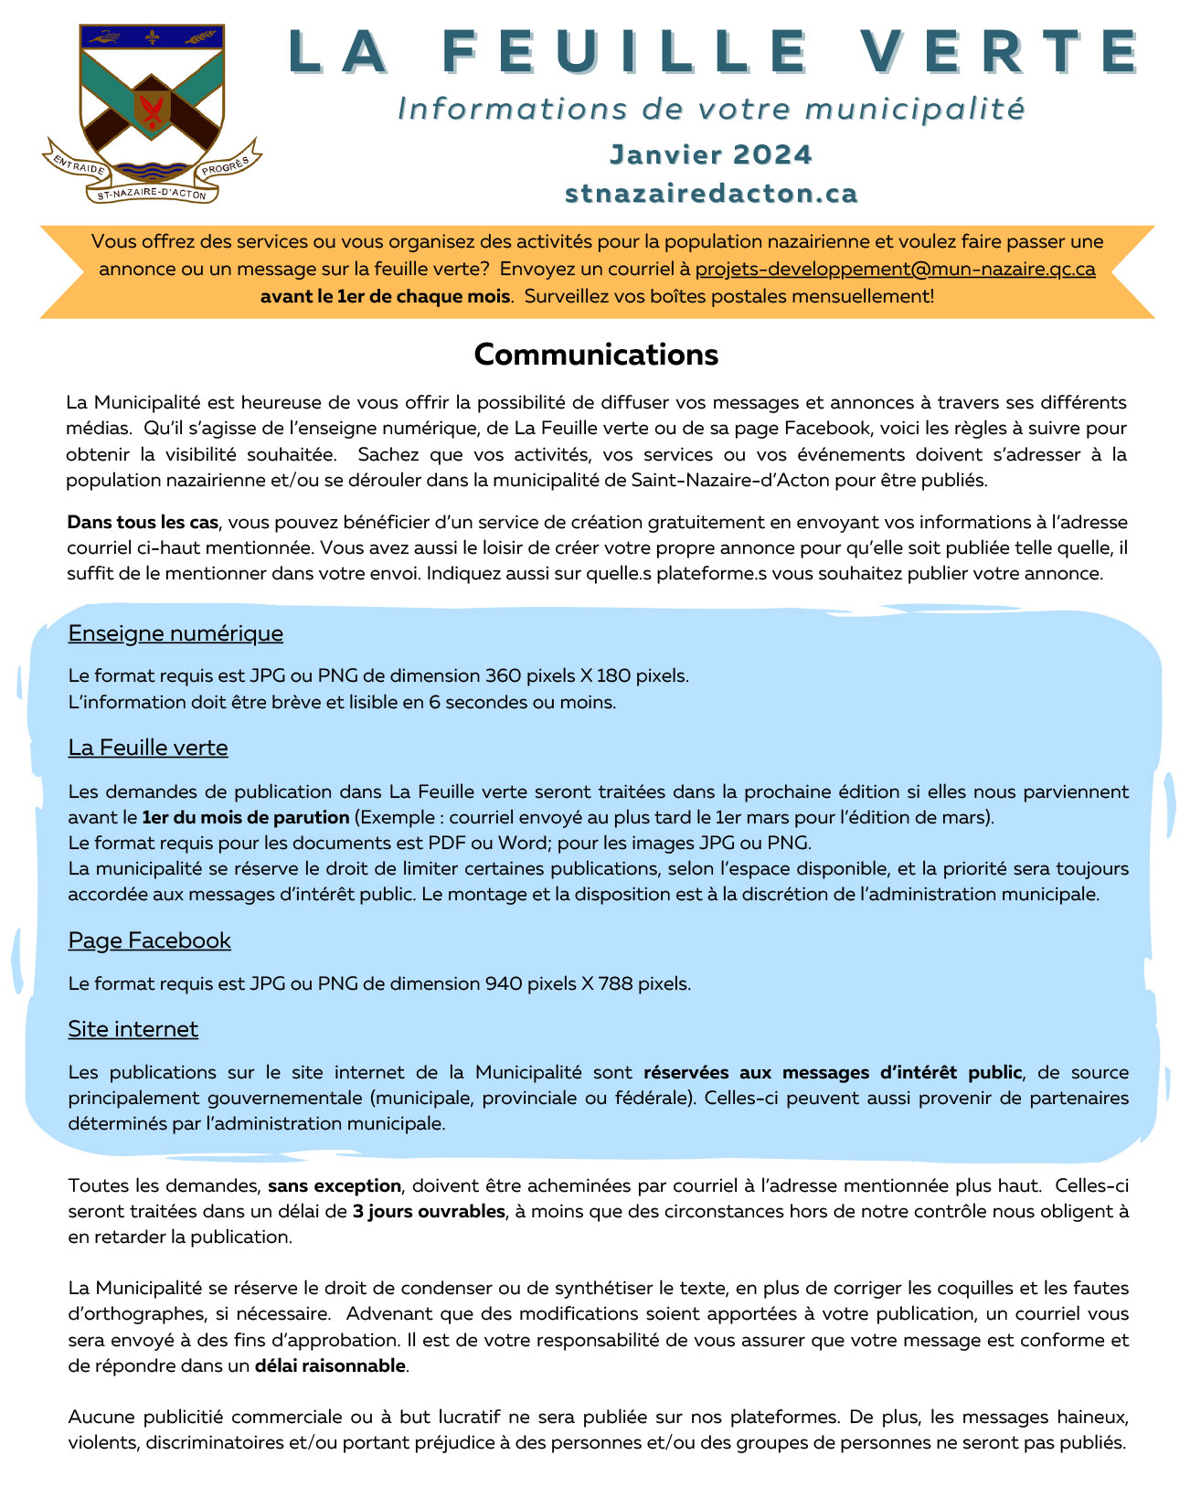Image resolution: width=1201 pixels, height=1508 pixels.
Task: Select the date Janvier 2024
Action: coord(710,154)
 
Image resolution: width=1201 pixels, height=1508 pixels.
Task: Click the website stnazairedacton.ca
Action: coord(711,194)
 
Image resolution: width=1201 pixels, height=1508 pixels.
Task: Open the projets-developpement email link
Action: coord(895,269)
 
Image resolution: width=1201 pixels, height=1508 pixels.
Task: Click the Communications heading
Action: coord(596,355)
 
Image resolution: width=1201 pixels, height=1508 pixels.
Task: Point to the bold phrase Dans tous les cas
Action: coord(143,522)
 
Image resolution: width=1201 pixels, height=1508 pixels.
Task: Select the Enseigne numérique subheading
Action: coord(175,633)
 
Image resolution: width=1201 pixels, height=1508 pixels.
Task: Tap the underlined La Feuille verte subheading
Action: coord(148,748)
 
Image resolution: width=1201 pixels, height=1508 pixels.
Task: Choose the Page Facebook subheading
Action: coord(149,940)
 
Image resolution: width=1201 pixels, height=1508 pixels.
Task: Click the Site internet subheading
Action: coord(133,1029)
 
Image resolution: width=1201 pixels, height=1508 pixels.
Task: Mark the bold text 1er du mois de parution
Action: coord(246,817)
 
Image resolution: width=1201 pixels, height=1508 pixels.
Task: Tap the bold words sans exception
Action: coord(335,1185)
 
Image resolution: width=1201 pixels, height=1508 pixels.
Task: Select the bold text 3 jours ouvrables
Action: coord(429,1211)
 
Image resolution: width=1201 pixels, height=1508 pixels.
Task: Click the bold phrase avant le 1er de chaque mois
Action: coord(385,296)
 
